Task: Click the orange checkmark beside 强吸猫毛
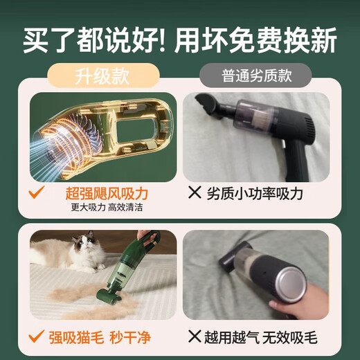(x=39, y=338)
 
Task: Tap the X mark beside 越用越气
(x=196, y=338)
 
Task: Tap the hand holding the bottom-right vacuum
(x=291, y=305)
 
